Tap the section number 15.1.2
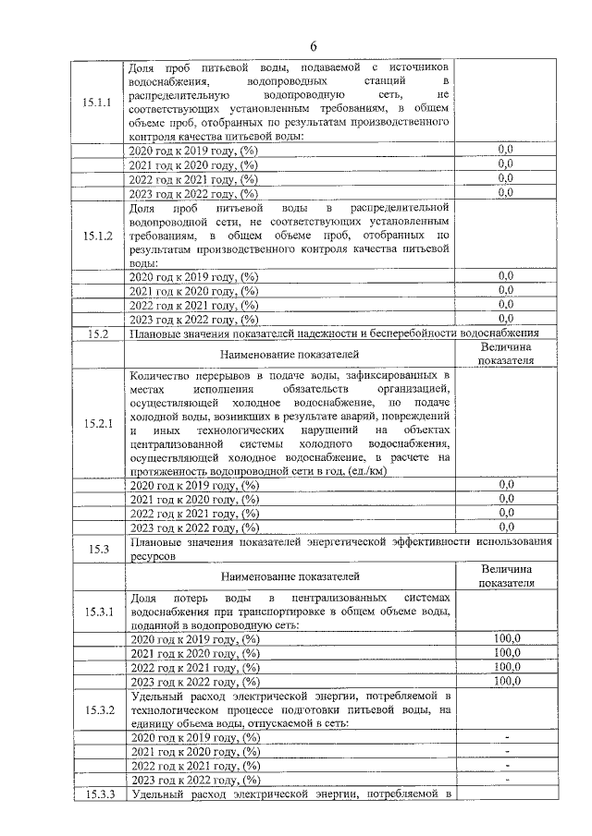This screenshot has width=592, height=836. (96, 236)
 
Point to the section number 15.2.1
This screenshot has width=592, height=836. (96, 424)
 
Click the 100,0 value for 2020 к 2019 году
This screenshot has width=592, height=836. (506, 638)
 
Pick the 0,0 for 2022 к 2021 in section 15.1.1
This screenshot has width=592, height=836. (506, 178)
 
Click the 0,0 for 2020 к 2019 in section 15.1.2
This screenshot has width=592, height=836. (506, 275)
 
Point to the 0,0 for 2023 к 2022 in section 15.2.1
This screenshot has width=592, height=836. (506, 527)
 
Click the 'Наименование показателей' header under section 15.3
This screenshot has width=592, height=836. (290, 577)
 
